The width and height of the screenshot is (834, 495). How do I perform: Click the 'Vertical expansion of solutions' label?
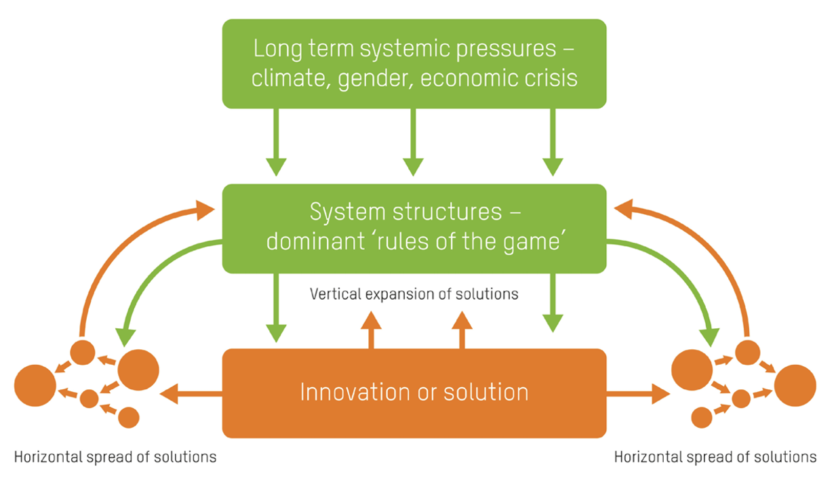click(x=414, y=294)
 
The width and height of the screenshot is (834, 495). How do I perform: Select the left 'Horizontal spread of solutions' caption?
click(x=115, y=457)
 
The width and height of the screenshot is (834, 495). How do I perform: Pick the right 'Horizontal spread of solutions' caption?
click(x=715, y=457)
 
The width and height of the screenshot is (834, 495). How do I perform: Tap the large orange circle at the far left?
click(x=35, y=385)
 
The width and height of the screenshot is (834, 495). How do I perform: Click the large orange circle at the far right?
click(x=795, y=385)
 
